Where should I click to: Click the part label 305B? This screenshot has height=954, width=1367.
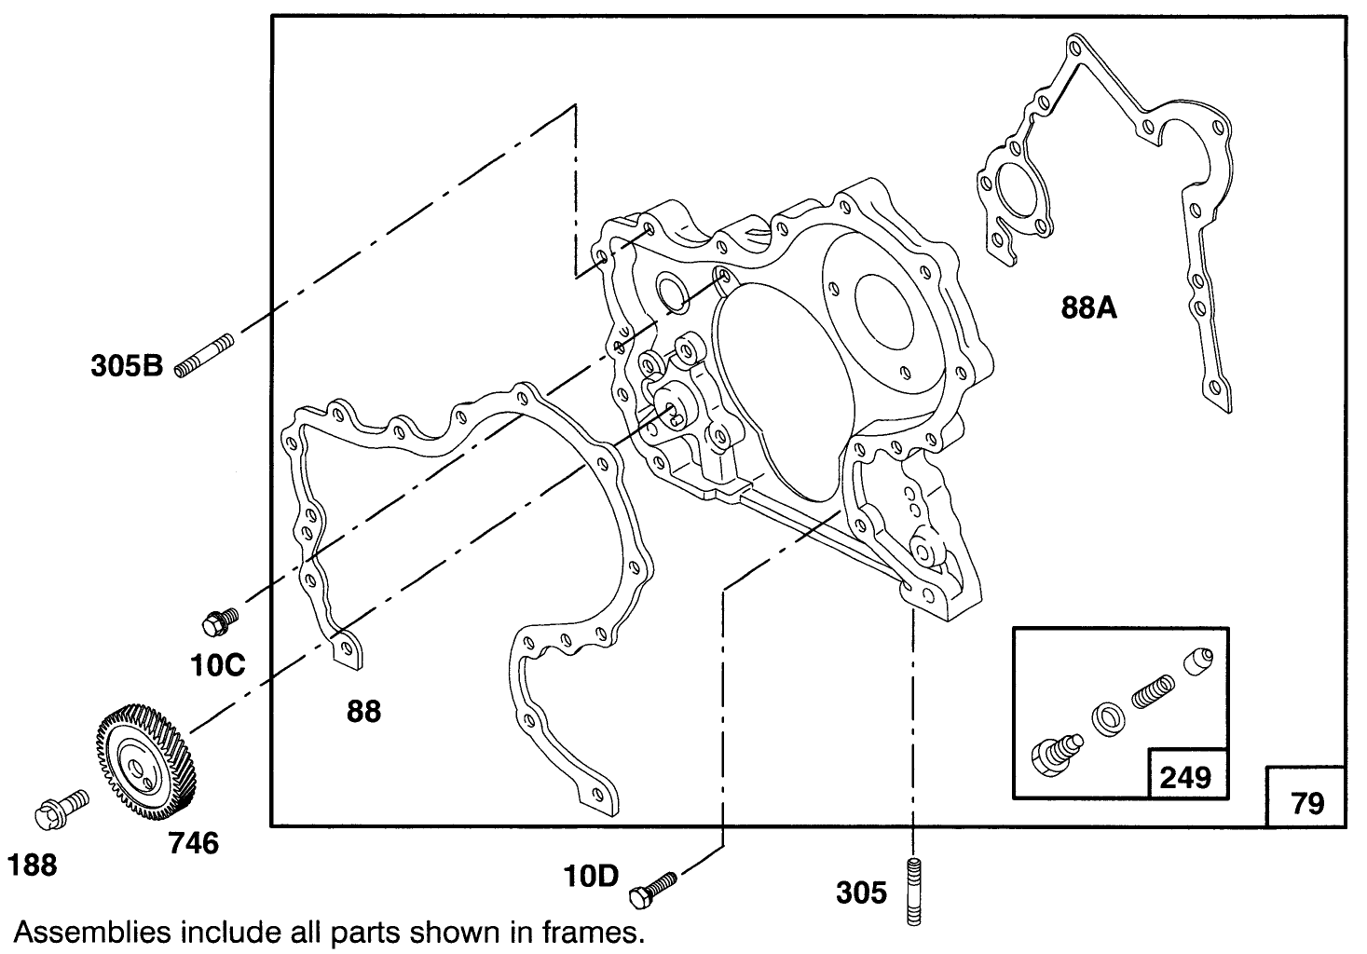point(127,365)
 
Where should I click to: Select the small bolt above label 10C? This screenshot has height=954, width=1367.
point(220,619)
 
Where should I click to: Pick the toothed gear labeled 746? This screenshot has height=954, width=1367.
point(144,756)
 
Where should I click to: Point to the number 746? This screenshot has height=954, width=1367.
point(193,843)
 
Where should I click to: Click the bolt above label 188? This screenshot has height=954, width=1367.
point(60,808)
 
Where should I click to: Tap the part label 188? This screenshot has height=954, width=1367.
point(33,865)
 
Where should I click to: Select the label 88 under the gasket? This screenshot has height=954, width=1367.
point(363,711)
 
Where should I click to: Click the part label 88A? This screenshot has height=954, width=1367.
point(1088,307)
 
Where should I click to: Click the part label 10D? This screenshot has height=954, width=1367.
point(591,876)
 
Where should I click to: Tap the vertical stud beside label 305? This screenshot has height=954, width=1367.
point(913,891)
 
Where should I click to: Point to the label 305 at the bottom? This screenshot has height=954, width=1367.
point(861,893)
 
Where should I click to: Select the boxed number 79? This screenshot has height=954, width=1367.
point(1307,802)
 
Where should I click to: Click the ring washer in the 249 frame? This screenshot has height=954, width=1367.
point(1106,719)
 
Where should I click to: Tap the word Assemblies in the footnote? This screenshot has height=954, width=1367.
point(89,932)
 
